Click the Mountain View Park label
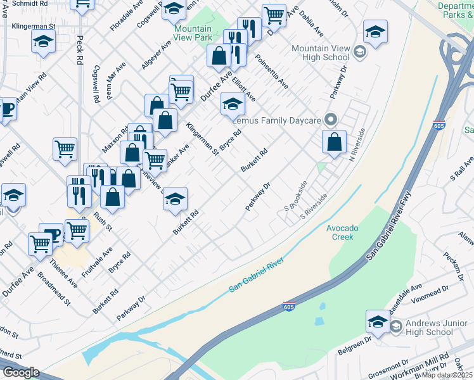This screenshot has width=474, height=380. pos(193,33)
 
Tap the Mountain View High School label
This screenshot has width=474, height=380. pos(321,53)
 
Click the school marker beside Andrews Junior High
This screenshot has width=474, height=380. pos(378,322)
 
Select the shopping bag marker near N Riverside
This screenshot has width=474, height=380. pos(334,142)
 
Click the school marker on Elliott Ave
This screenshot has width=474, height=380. pos(233,104)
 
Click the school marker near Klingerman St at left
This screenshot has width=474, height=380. pos(43,42)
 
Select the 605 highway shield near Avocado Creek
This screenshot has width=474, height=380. pos(289,307)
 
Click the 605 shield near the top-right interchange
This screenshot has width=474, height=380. pos(439,124)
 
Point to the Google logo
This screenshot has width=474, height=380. pos(21,372)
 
